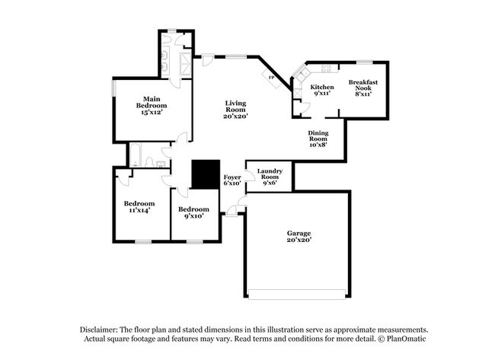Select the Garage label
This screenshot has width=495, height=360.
(x=299, y=232)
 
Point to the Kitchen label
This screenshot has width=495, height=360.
(x=322, y=87)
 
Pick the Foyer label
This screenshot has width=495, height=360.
(x=232, y=177)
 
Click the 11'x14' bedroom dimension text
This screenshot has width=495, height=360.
(x=139, y=210)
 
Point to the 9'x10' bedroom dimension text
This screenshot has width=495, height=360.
(x=193, y=216)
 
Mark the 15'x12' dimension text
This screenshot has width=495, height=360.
(x=152, y=113)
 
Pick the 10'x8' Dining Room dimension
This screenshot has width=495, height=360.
(x=318, y=145)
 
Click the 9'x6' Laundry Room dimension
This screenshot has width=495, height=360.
(x=270, y=183)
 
